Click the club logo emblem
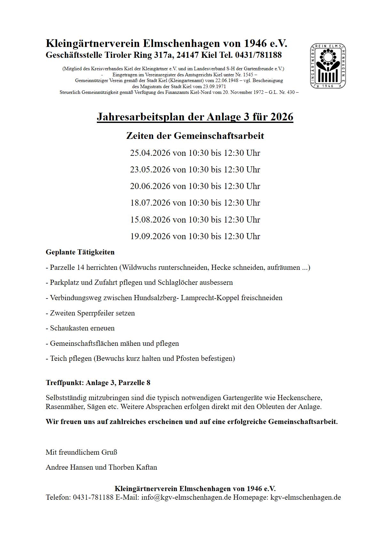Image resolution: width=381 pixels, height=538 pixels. click(x=328, y=66)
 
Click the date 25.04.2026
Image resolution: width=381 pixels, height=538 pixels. click(x=150, y=153)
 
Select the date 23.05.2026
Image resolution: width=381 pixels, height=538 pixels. click(x=150, y=170)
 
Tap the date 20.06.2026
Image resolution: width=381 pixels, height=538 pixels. click(x=150, y=186)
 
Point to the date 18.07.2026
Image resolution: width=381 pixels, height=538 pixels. click(x=150, y=203)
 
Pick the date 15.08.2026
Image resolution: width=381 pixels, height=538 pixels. click(x=150, y=220)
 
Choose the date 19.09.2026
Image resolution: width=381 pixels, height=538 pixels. click(x=150, y=236)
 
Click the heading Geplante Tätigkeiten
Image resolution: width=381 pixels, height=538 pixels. click(x=80, y=252)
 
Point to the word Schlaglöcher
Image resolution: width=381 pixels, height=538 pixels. click(x=177, y=283)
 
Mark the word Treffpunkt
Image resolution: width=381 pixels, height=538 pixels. click(x=65, y=383)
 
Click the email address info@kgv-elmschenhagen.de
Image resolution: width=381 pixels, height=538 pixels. click(x=186, y=497)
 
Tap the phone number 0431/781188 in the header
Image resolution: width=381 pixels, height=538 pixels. click(x=258, y=55)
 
